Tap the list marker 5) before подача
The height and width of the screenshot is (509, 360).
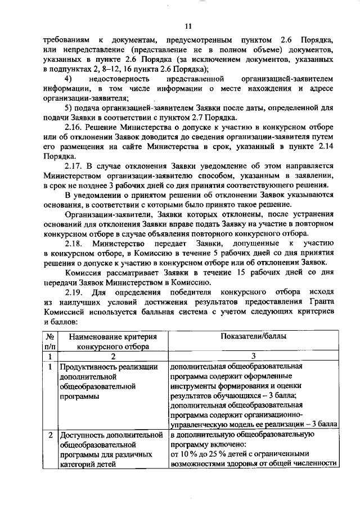tap(68, 107)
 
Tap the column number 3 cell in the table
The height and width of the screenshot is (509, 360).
tap(254, 356)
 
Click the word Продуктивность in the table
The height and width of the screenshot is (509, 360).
tap(89, 366)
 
